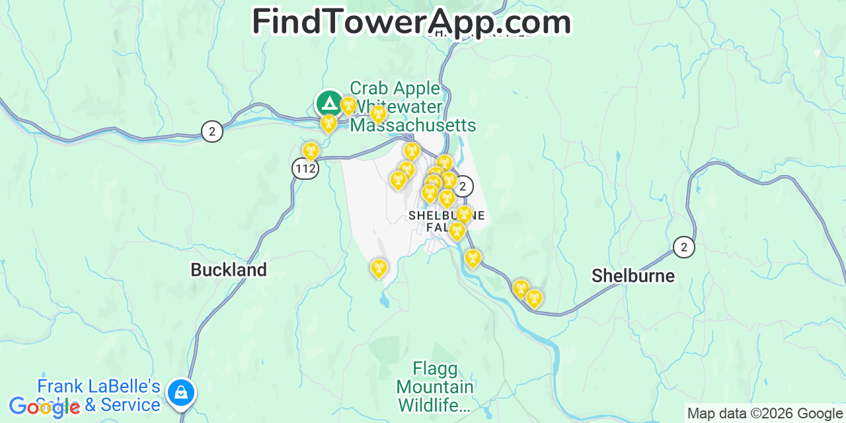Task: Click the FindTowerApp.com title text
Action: pos(411,22)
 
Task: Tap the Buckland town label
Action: pos(229,270)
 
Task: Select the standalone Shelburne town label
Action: pos(633,276)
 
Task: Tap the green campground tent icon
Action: pos(329,103)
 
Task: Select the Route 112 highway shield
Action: pos(306,169)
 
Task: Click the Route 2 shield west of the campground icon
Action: pos(211,132)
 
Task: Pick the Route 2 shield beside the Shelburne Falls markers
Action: pos(463,186)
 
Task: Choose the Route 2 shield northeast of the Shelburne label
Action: pos(684,247)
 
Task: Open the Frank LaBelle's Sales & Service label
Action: pos(99,395)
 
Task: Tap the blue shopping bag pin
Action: pos(181,392)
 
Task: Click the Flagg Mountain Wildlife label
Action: pos(435,387)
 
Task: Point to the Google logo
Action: pos(43,407)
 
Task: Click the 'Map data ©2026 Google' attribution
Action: pos(765,414)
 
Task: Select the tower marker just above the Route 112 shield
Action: pos(311,151)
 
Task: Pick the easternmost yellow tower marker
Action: pos(534,298)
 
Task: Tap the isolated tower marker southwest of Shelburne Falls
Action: pos(378,268)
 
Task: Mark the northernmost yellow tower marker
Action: pos(348,105)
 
